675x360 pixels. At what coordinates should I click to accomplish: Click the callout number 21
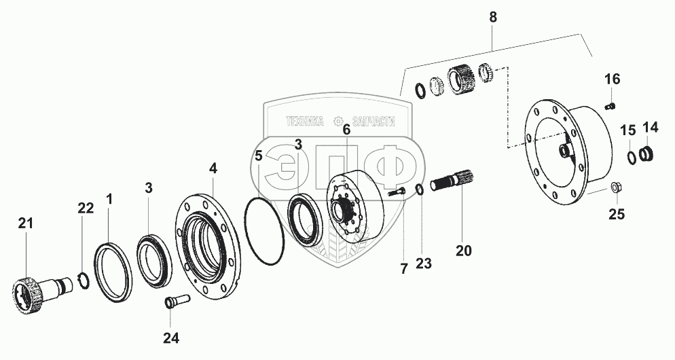(26, 223)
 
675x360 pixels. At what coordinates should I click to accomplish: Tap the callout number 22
(86, 209)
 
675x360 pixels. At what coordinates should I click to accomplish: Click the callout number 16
(612, 80)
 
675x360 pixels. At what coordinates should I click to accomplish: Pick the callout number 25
(616, 215)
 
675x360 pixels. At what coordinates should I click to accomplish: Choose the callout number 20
(463, 250)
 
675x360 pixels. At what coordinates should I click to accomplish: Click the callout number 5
(258, 156)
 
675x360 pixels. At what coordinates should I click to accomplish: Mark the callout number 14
(650, 127)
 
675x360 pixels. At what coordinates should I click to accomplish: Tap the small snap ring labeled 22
(81, 280)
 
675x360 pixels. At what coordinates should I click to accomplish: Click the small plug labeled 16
(609, 105)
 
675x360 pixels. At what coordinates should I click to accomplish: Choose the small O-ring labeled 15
(631, 156)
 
